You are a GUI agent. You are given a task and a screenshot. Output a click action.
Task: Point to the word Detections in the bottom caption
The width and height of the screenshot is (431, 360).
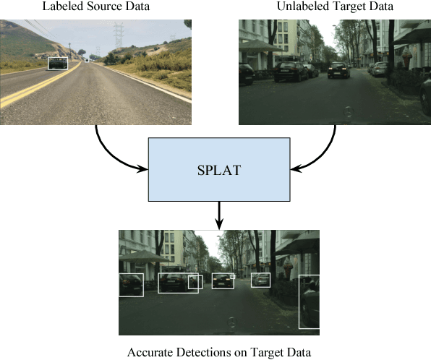(202, 353)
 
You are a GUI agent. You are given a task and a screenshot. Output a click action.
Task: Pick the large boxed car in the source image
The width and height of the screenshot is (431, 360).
(57, 64)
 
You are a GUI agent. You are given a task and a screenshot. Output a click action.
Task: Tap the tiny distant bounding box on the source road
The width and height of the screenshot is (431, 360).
(88, 61)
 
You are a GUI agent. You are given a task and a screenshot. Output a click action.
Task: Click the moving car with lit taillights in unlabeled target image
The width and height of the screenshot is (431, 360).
(338, 70)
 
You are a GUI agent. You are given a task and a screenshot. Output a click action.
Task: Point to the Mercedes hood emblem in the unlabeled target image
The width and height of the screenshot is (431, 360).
(348, 113)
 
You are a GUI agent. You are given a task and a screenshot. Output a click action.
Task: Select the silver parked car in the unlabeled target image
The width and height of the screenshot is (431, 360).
(379, 69)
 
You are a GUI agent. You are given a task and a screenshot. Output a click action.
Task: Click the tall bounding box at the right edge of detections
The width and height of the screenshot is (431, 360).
(309, 301)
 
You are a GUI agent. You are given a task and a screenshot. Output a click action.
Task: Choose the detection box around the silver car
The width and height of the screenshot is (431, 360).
(260, 280)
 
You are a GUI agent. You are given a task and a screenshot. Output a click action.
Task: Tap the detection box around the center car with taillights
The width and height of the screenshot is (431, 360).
(222, 280)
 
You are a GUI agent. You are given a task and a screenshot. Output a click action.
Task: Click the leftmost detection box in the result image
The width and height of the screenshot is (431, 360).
(131, 285)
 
